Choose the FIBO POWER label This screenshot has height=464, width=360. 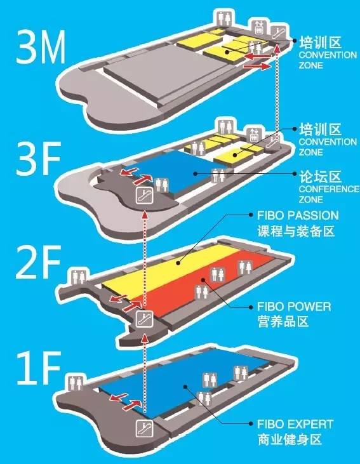click(293, 307)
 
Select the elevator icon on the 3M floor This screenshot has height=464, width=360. click(258, 26)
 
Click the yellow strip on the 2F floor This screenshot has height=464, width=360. click(165, 270)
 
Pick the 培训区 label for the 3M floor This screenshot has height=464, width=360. click(319, 43)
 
